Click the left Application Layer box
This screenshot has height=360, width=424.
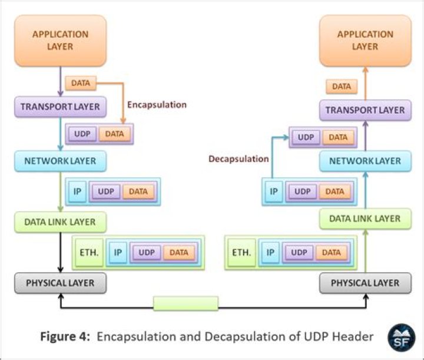(x=61, y=40)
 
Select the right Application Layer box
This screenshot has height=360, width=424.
(x=365, y=40)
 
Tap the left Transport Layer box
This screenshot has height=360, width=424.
(x=61, y=107)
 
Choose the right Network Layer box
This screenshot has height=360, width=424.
(x=365, y=161)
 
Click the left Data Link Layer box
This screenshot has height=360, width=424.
(x=61, y=222)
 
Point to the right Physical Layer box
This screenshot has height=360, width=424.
(x=365, y=283)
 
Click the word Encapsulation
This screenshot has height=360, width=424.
(x=157, y=104)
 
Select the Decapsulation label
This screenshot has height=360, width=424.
(x=238, y=158)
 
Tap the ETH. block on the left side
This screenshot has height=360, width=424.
(x=89, y=253)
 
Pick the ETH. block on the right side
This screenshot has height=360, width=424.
(x=241, y=253)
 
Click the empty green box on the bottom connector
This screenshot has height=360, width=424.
(x=185, y=303)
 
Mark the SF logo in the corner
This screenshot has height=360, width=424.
(x=400, y=337)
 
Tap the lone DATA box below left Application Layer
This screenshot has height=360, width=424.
(x=80, y=83)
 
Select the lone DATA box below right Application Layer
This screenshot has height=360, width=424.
(x=341, y=87)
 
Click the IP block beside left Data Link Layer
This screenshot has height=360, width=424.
(x=118, y=253)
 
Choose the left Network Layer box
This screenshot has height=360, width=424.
(x=61, y=160)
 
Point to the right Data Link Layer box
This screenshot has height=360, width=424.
(x=365, y=219)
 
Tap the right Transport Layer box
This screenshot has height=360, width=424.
(x=365, y=110)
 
